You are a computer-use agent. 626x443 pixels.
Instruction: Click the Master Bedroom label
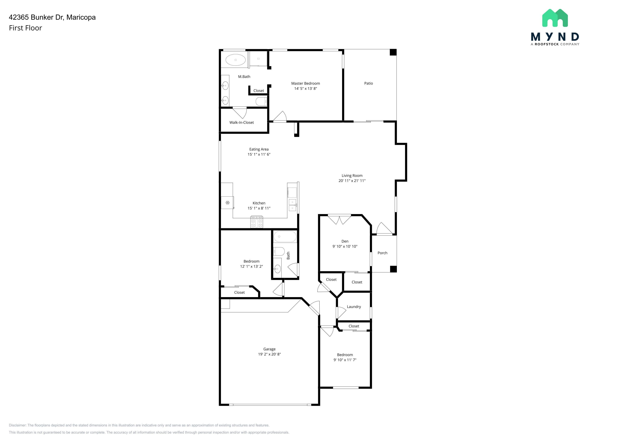[305, 83]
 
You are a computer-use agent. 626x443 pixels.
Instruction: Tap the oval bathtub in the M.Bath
[236, 60]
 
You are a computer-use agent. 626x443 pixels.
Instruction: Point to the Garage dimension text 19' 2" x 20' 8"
[269, 354]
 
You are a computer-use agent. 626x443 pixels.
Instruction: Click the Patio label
[368, 83]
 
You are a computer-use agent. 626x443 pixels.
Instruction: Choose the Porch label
[382, 253]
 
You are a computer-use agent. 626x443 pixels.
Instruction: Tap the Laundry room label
[354, 307]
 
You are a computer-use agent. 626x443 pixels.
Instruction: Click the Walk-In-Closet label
[242, 122]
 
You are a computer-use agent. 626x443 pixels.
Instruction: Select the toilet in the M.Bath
[261, 101]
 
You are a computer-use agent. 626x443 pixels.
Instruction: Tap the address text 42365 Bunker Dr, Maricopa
[52, 17]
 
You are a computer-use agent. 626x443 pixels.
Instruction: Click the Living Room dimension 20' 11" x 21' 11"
[352, 181]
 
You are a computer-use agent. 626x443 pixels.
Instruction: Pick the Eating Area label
[259, 149]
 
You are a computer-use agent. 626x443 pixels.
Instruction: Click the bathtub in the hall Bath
[285, 237]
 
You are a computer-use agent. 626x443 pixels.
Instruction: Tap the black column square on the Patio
[393, 52]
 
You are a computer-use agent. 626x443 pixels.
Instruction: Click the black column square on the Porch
[393, 269]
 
